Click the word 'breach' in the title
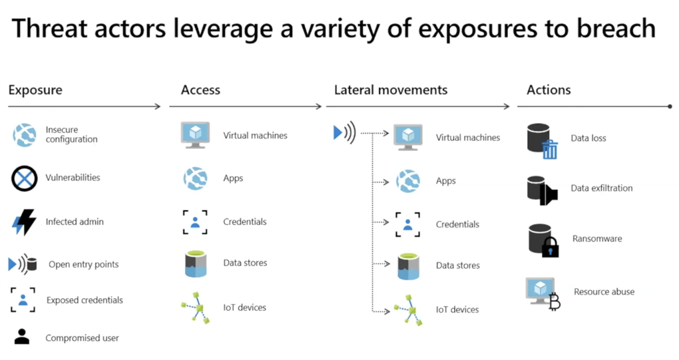point(616,29)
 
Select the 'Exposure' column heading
point(35,90)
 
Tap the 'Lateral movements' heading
point(391,90)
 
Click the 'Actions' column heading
point(549,90)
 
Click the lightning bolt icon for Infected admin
point(24,222)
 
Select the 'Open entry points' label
point(84,264)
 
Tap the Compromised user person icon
point(22,337)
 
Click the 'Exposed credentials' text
point(85,300)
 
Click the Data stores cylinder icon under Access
point(196,264)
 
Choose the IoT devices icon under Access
point(196,307)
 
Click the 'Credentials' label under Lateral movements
point(457,224)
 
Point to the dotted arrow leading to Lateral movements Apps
point(381,182)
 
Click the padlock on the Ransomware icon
point(551,247)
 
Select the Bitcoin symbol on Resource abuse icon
point(555,301)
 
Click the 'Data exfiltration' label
point(602,188)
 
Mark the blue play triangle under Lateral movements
point(338,132)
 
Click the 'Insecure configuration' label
point(71,134)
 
